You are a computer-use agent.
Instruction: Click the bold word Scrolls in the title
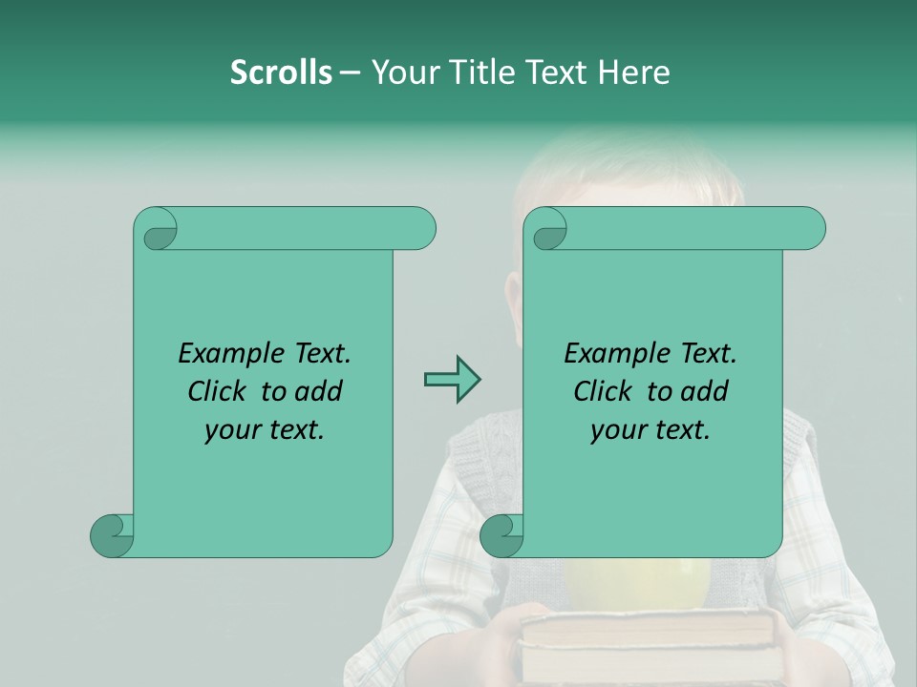coord(281,73)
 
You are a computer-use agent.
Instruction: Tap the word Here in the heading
coord(633,73)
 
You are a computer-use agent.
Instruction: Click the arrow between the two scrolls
coord(452,381)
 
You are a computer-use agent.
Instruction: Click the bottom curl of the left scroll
coord(111,534)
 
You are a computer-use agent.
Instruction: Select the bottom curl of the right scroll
coord(501,534)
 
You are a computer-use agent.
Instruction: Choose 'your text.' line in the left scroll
coord(264,429)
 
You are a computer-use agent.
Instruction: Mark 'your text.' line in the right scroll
coord(650,429)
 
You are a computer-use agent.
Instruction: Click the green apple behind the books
coord(638,584)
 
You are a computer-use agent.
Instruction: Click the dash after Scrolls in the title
coord(349,73)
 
